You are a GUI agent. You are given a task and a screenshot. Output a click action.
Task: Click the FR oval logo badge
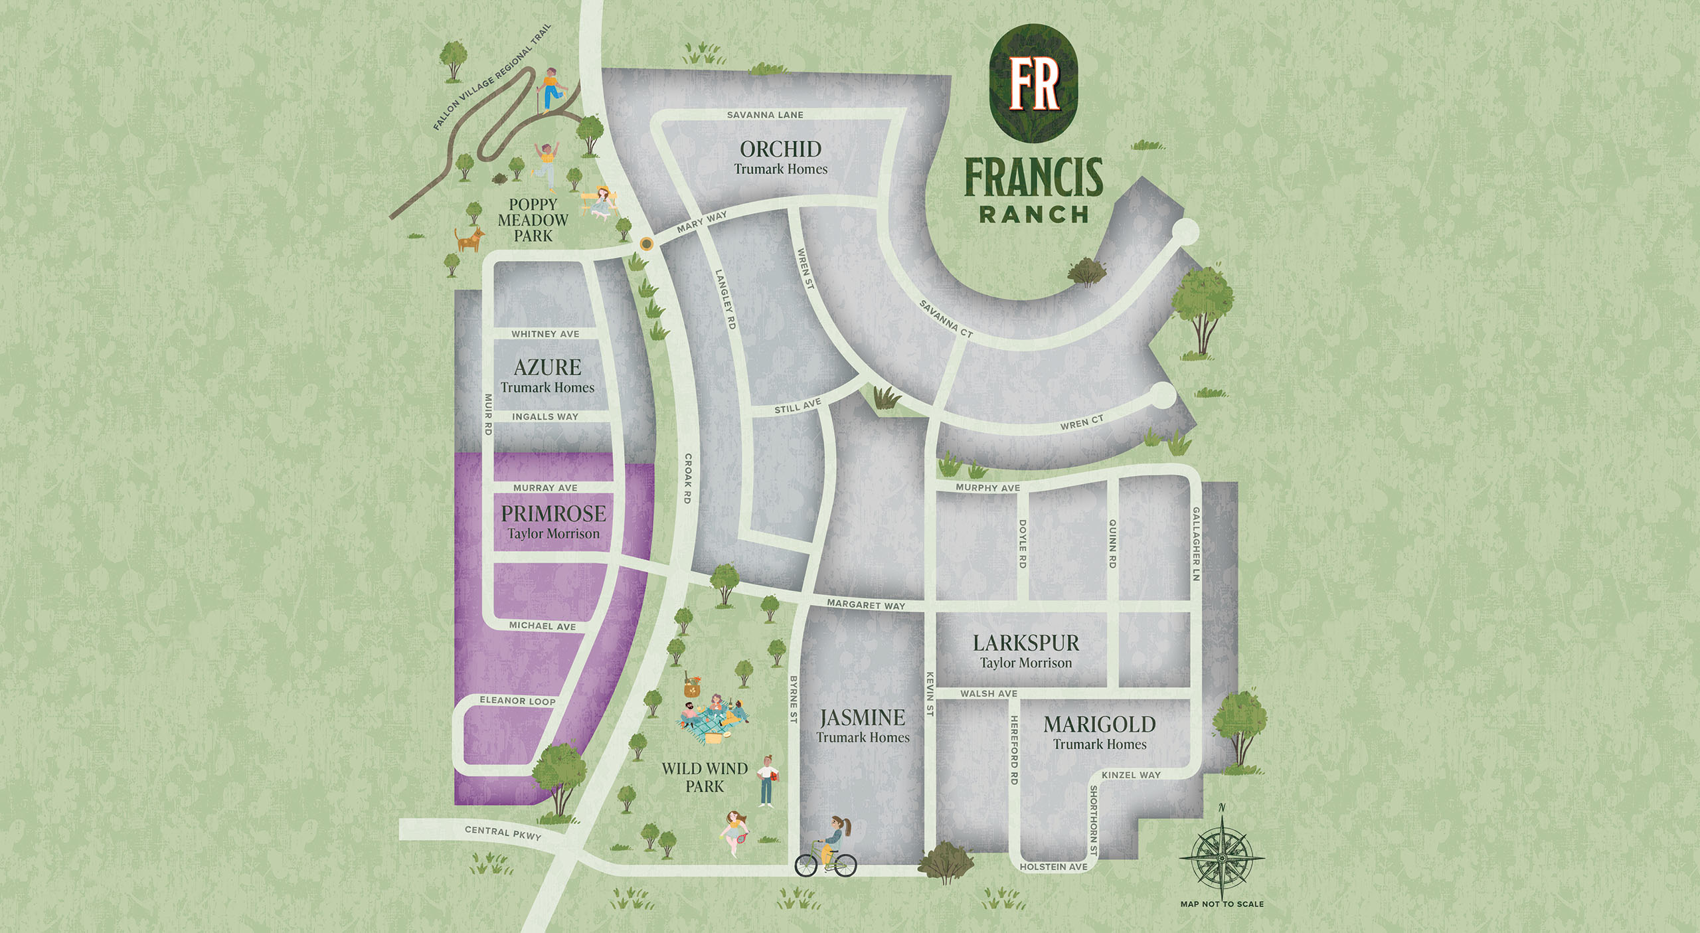tap(1033, 84)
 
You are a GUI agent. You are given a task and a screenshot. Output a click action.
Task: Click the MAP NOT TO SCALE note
tap(1222, 904)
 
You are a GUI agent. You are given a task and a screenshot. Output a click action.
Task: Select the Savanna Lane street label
tap(765, 115)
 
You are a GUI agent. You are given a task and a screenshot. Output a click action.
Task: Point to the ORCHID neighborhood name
tap(781, 149)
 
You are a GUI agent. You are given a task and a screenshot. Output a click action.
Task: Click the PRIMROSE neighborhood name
tap(553, 513)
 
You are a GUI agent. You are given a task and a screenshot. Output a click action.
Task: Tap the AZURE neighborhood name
tap(547, 367)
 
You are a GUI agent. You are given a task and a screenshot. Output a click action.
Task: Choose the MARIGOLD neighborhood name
tap(1100, 724)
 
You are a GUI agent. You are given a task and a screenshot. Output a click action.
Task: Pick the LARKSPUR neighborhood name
tap(1026, 643)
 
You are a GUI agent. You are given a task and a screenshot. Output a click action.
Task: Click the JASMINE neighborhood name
tap(862, 718)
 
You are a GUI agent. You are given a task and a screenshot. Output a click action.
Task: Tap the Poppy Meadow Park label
tap(533, 220)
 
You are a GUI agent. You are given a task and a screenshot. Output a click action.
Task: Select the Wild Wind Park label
tap(705, 778)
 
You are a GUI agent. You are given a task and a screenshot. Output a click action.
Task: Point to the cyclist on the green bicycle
tap(828, 849)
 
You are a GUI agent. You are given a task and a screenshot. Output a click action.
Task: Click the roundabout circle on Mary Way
tap(646, 244)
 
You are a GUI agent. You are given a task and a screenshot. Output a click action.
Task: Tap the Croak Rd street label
tap(688, 478)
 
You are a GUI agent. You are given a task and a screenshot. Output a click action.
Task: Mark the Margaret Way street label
tap(866, 605)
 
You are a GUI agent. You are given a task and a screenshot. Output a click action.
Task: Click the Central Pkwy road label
tap(503, 833)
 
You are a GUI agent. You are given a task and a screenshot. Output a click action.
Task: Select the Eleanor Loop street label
tap(517, 701)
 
